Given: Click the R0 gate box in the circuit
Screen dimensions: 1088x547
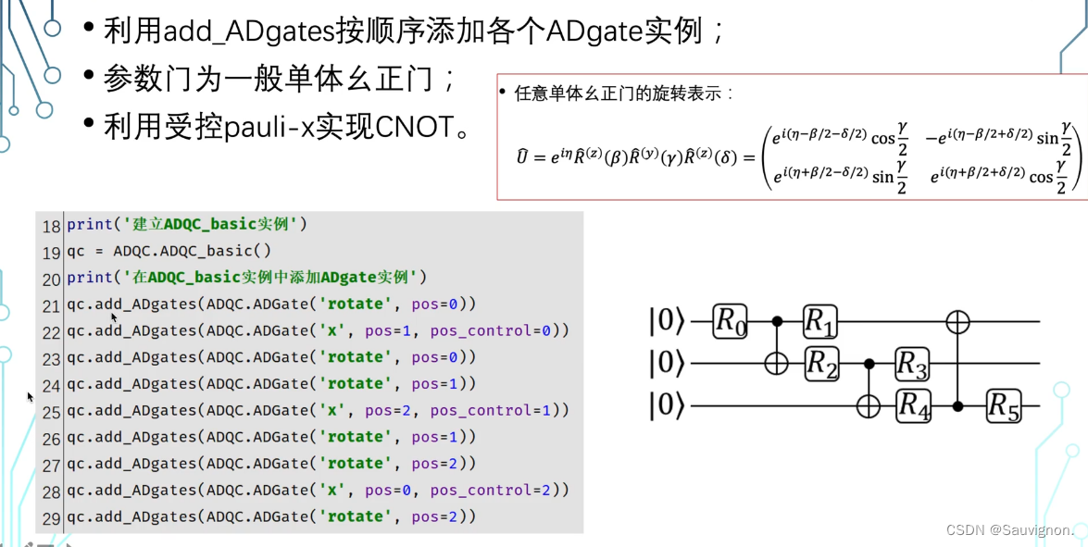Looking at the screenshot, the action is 730,321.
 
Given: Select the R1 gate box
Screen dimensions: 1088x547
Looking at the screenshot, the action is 820,321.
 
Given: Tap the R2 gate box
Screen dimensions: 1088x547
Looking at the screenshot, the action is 820,364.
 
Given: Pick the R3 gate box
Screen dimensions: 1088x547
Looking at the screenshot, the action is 912,364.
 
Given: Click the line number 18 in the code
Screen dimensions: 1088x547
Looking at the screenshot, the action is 51,226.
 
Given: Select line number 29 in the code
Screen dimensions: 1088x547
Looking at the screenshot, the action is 51,517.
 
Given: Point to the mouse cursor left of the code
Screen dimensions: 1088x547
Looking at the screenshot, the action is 31,397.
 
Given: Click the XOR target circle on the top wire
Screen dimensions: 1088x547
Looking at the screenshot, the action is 957,321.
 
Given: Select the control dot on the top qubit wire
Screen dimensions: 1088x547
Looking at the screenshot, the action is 776,321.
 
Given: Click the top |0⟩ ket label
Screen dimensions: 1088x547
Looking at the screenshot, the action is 667,322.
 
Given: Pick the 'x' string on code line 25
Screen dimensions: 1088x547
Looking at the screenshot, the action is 329,410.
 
